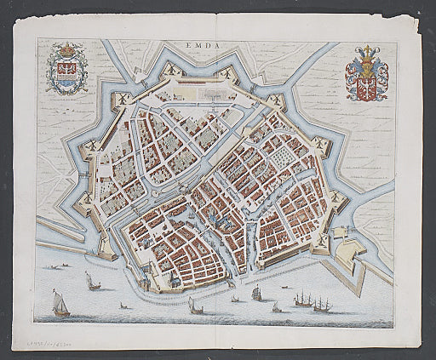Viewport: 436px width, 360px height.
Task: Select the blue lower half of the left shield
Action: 65,82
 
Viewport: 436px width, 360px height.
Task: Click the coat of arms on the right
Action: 366,77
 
